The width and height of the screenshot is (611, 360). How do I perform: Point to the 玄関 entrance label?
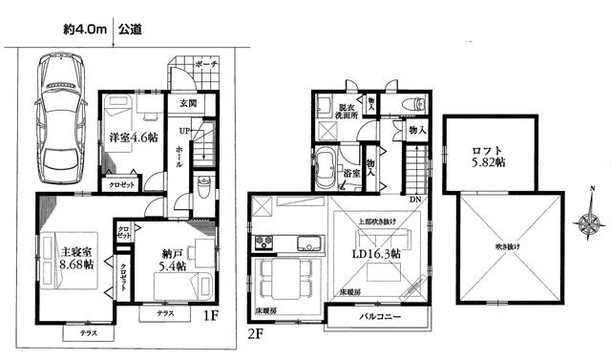187,102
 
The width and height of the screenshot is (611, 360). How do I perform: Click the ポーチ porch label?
206,63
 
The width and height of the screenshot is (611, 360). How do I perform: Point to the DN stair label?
414,199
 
